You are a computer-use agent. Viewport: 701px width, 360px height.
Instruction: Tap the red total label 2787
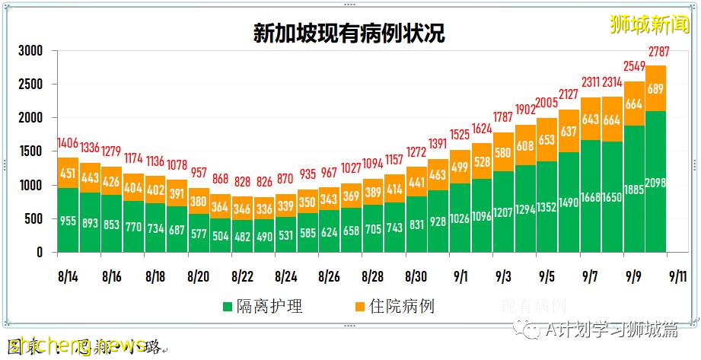tap(656, 53)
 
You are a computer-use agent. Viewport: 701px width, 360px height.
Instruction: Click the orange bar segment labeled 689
tap(656, 89)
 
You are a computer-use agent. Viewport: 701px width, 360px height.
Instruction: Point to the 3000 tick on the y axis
tap(30, 51)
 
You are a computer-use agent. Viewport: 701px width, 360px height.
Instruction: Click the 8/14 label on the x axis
tap(68, 274)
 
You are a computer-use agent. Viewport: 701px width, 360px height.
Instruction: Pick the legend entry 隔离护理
tap(263, 307)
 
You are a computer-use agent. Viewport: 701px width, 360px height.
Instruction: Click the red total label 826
tap(264, 183)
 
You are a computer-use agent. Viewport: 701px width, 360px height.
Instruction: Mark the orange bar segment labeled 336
tap(264, 209)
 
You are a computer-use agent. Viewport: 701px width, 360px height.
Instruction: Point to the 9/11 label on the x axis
tap(677, 274)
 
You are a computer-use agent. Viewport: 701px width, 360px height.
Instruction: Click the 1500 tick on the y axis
tap(30, 151)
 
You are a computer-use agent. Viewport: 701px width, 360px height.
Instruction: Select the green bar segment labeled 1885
tap(634, 190)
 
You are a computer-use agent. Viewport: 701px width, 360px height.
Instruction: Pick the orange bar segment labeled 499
tap(460, 167)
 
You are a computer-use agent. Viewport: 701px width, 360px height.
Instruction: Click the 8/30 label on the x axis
tap(416, 274)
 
